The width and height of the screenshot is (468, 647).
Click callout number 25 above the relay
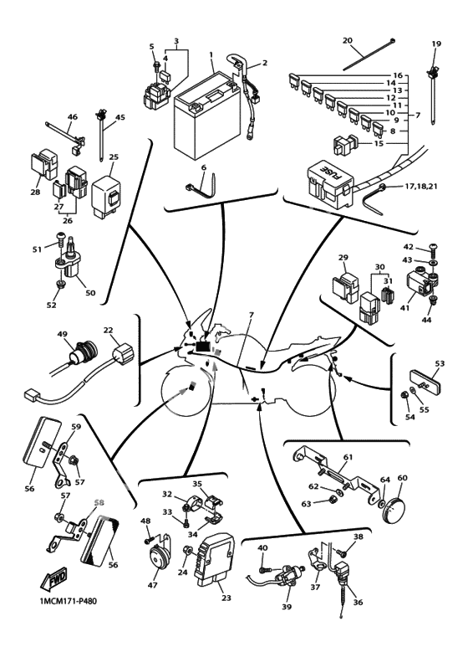114,157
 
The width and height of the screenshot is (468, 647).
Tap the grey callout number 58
99,502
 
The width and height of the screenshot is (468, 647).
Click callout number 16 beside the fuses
398,75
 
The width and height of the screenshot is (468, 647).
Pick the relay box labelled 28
44,165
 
